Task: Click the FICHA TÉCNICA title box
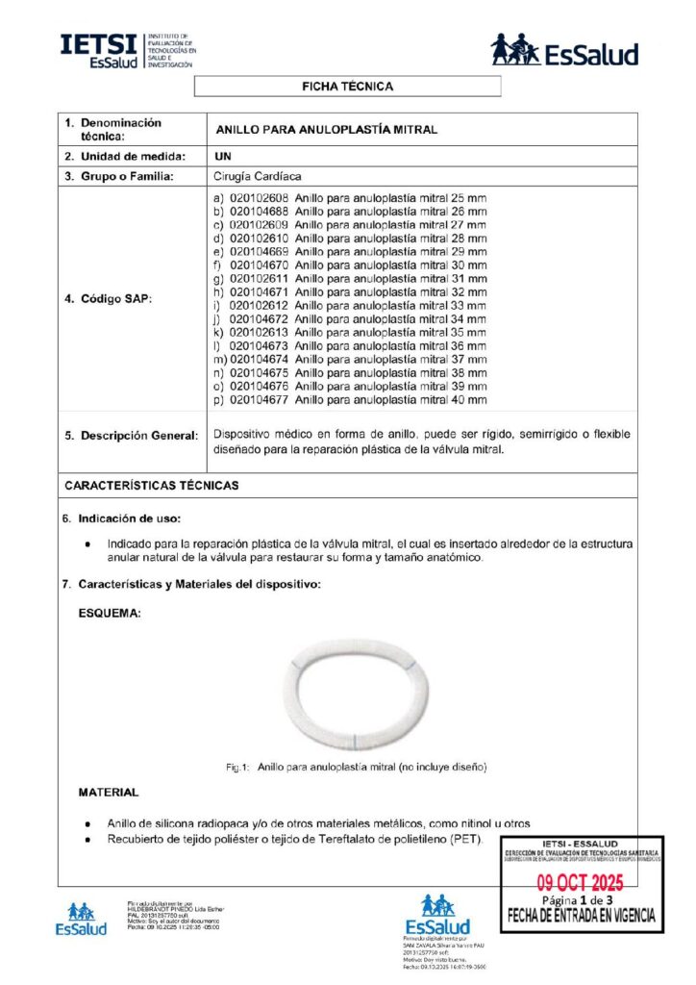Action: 347,87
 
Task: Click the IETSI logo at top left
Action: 126,50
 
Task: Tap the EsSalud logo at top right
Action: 564,50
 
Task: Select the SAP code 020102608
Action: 259,196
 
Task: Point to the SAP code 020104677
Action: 259,399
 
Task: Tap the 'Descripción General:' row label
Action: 131,435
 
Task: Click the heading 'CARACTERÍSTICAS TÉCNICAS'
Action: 151,486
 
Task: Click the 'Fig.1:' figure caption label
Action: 237,768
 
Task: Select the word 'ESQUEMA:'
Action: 110,613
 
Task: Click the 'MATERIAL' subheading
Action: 108,793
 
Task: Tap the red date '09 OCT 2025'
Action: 580,883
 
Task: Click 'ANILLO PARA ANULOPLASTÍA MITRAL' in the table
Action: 326,129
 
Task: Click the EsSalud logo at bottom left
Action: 80,921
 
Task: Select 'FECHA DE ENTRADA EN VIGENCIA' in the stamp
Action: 582,916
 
